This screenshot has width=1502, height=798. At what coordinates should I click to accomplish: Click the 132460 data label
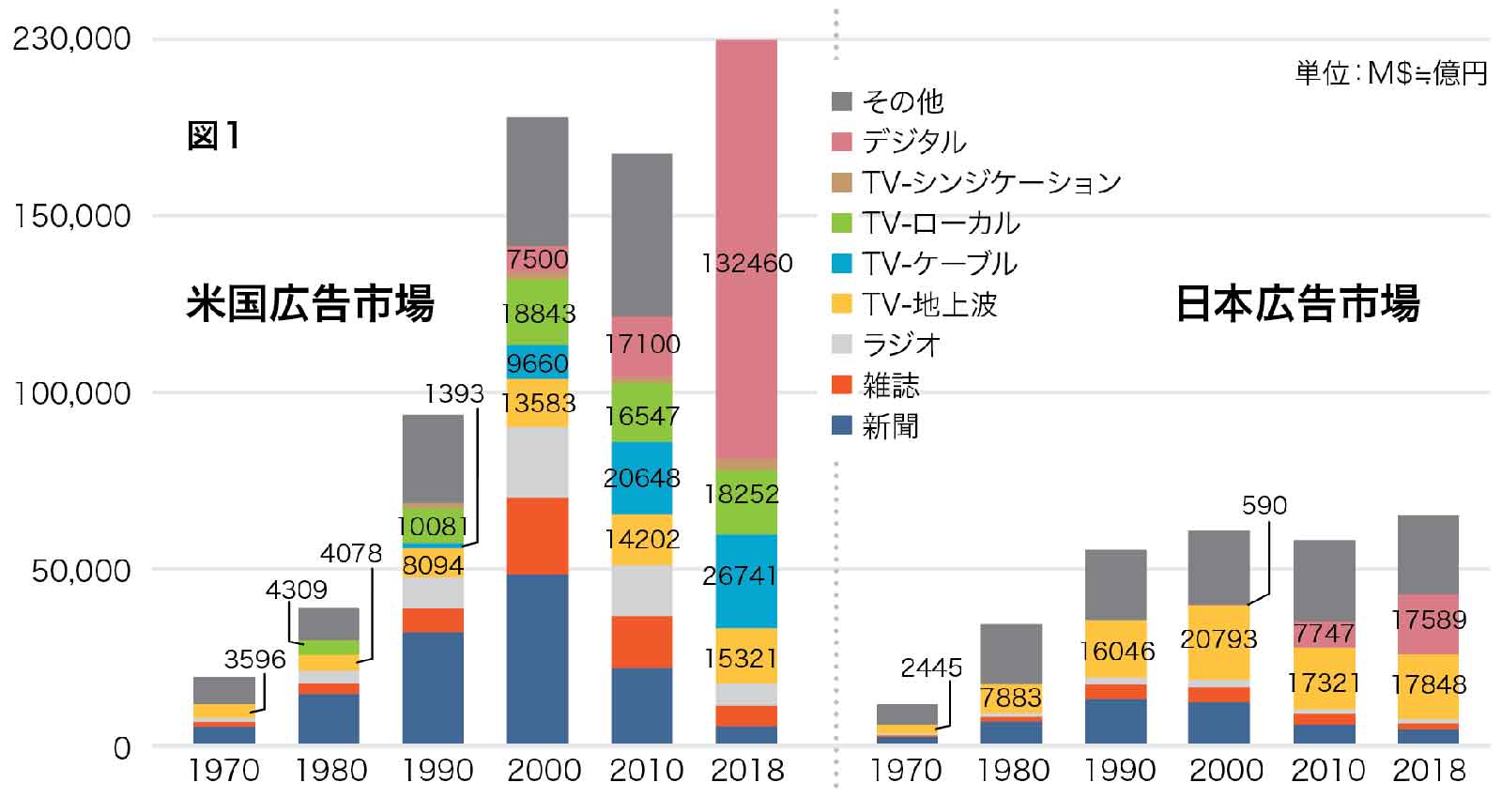click(747, 264)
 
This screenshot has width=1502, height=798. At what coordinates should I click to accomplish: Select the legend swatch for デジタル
click(842, 142)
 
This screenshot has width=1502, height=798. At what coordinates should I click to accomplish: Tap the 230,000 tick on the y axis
click(71, 39)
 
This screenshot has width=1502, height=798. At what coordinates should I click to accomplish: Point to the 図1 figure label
click(214, 136)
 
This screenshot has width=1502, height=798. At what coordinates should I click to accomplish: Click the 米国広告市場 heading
click(311, 304)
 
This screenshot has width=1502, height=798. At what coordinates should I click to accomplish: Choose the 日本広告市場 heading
click(1297, 304)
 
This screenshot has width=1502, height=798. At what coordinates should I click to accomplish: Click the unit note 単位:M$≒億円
click(1391, 73)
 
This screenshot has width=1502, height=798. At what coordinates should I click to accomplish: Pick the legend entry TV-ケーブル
click(939, 264)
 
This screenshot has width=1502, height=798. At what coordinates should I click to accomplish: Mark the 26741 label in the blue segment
click(741, 575)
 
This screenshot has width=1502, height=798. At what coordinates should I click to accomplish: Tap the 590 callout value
click(1264, 506)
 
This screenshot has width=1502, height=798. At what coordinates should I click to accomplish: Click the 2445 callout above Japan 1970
click(931, 668)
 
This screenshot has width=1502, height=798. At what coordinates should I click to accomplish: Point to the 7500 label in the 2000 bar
click(537, 259)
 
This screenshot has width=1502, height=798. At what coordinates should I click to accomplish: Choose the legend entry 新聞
click(890, 426)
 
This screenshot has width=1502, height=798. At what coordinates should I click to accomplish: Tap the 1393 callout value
click(454, 394)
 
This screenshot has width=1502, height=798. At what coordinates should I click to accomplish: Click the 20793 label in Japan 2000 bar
click(1218, 639)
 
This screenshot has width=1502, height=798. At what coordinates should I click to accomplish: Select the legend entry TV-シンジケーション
click(991, 182)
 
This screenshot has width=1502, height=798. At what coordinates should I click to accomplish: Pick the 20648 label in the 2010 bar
click(642, 478)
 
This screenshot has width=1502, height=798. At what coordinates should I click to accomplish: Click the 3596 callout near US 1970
click(254, 659)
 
